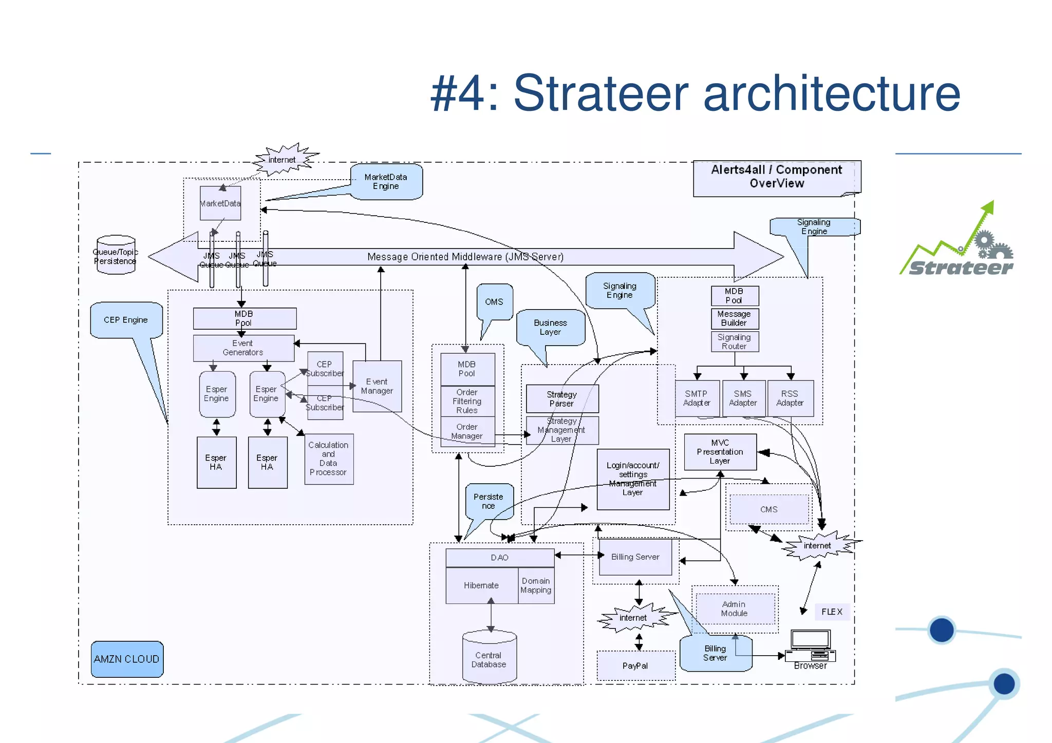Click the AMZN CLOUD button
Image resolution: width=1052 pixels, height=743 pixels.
tap(127, 659)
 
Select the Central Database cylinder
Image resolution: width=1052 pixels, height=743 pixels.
tap(489, 659)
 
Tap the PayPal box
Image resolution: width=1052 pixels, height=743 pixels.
tap(635, 666)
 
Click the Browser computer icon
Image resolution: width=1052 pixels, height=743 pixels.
tap(810, 646)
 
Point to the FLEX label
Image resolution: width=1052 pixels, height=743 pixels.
tap(832, 612)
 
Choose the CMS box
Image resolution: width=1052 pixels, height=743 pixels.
tap(768, 509)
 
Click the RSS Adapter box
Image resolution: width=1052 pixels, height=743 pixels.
tap(790, 398)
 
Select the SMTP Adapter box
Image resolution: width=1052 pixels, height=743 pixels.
tap(697, 398)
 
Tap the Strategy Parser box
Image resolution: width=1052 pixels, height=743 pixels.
tap(562, 399)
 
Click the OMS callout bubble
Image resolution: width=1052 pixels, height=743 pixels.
tap(494, 302)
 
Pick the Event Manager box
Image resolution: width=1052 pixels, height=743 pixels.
tap(377, 386)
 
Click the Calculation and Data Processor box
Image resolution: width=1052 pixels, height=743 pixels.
tap(329, 459)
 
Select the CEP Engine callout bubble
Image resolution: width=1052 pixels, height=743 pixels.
tap(126, 320)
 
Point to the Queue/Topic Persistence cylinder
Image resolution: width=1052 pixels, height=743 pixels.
tap(116, 255)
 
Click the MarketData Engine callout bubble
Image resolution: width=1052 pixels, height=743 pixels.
tap(386, 182)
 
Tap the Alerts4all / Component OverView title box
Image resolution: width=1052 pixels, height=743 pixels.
tap(776, 177)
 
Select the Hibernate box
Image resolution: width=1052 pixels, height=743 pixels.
tap(481, 585)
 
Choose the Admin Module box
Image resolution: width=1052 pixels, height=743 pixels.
tap(735, 609)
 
